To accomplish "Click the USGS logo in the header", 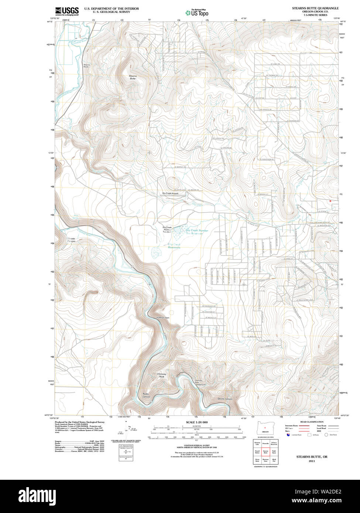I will click(x=67, y=11).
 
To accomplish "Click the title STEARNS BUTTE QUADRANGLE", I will click(x=315, y=8).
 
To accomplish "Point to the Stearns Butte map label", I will click(x=133, y=77).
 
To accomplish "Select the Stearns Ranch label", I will click(x=86, y=66).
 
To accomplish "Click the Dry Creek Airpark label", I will click(x=170, y=193).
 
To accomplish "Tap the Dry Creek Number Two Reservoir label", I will click(x=197, y=232).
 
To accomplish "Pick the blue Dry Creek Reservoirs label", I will click(x=174, y=246).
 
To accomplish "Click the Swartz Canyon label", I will click(x=71, y=240).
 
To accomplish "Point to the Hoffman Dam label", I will click(x=163, y=317).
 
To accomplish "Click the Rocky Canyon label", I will click(x=147, y=395).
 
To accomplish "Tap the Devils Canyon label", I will click(x=225, y=399).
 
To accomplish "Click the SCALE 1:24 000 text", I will click(x=197, y=422).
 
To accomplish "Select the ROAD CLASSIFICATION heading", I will click(x=312, y=422).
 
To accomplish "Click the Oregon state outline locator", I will click(x=265, y=429).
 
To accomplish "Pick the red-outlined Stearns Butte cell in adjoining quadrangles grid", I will click(x=265, y=452).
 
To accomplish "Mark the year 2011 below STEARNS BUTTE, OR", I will click(x=312, y=461).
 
